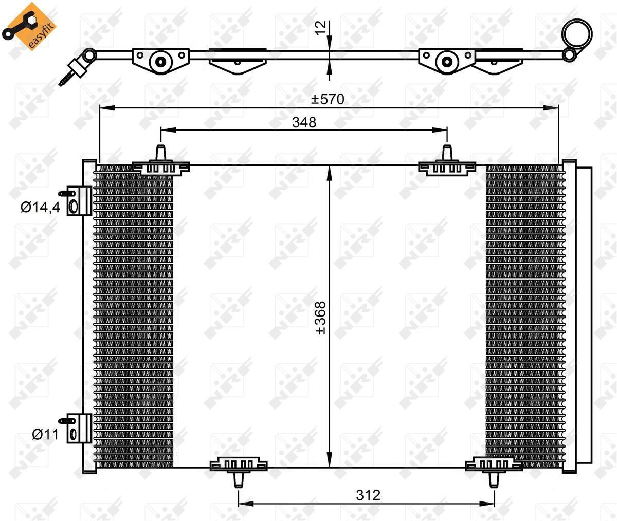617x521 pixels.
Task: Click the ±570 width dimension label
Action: [328, 99]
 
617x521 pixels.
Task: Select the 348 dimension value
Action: [304, 122]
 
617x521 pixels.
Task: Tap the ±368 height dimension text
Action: [321, 318]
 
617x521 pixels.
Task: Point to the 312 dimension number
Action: [368, 495]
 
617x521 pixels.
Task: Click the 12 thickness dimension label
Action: [321, 28]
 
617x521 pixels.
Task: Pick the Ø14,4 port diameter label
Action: [41, 208]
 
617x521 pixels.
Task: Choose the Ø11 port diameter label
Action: [45, 435]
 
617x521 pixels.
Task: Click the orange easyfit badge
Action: [29, 26]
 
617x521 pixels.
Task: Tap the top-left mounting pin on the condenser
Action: [160, 153]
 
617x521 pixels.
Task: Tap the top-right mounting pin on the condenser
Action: [447, 153]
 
